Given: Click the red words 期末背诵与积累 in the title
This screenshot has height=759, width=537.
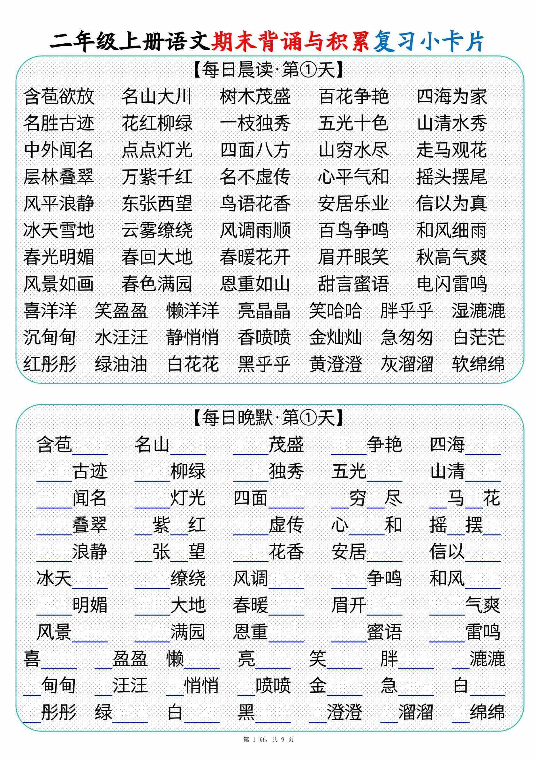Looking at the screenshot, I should click(x=290, y=42).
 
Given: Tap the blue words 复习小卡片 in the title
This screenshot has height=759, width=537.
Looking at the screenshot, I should click(x=428, y=42).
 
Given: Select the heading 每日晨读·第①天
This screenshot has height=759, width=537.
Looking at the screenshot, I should click(x=268, y=70).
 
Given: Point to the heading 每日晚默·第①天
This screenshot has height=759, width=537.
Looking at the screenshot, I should click(x=268, y=417).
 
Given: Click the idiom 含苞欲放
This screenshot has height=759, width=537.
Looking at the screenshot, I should click(x=59, y=97).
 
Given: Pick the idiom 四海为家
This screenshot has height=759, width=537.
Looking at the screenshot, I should click(x=452, y=97).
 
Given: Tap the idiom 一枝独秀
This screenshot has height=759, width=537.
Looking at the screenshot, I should click(x=255, y=123).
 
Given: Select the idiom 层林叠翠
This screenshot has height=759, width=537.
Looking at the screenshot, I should click(x=59, y=177).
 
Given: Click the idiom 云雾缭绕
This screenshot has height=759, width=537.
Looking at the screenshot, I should click(x=157, y=230).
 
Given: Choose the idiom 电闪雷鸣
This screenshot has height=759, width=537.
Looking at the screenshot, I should click(x=452, y=284).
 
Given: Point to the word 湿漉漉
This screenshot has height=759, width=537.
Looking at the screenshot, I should click(x=478, y=311).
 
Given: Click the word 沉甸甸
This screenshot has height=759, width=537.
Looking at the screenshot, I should click(x=49, y=337).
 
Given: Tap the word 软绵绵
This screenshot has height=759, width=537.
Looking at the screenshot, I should click(x=478, y=364).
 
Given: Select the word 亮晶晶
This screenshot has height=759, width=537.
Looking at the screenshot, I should click(x=264, y=311).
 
